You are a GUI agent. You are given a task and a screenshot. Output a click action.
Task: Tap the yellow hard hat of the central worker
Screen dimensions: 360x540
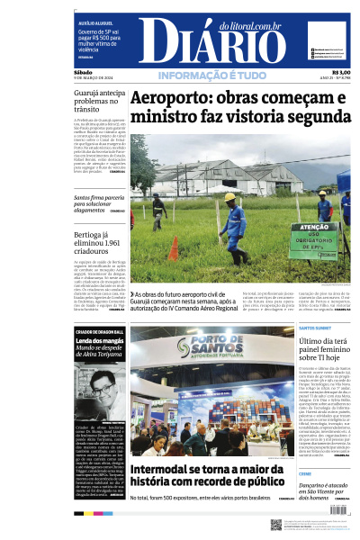(230, 196)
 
